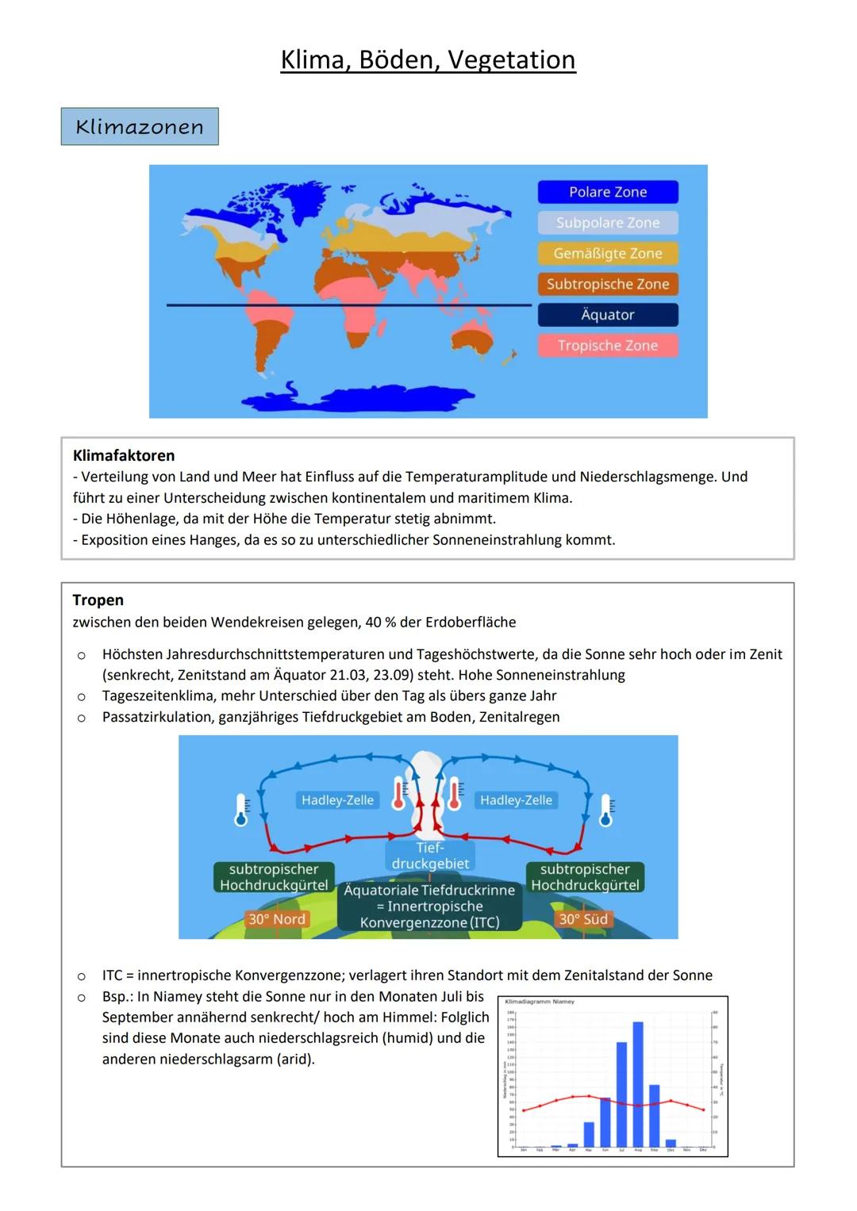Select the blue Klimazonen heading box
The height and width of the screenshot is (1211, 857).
tap(140, 127)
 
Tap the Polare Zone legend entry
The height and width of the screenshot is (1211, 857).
tap(608, 192)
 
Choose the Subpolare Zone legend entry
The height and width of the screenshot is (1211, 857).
tap(608, 223)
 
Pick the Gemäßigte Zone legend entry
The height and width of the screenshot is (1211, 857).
tap(608, 254)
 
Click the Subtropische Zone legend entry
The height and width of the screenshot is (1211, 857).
tap(608, 284)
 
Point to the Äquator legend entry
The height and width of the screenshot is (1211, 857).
tap(608, 315)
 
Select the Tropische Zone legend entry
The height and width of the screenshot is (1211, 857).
tap(608, 346)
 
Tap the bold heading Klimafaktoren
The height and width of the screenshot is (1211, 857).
tap(124, 455)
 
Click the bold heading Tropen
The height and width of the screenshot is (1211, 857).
tap(98, 600)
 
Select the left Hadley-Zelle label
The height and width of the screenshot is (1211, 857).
tap(337, 800)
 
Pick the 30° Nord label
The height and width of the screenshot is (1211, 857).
tap(276, 919)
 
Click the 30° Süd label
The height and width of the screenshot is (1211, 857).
tap(583, 919)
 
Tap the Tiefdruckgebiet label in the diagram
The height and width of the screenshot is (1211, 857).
tap(430, 856)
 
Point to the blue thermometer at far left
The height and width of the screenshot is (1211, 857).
tap(241, 810)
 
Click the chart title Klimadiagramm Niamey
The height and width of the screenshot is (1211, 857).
tap(540, 1002)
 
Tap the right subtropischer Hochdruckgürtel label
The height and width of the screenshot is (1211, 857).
tap(585, 877)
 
